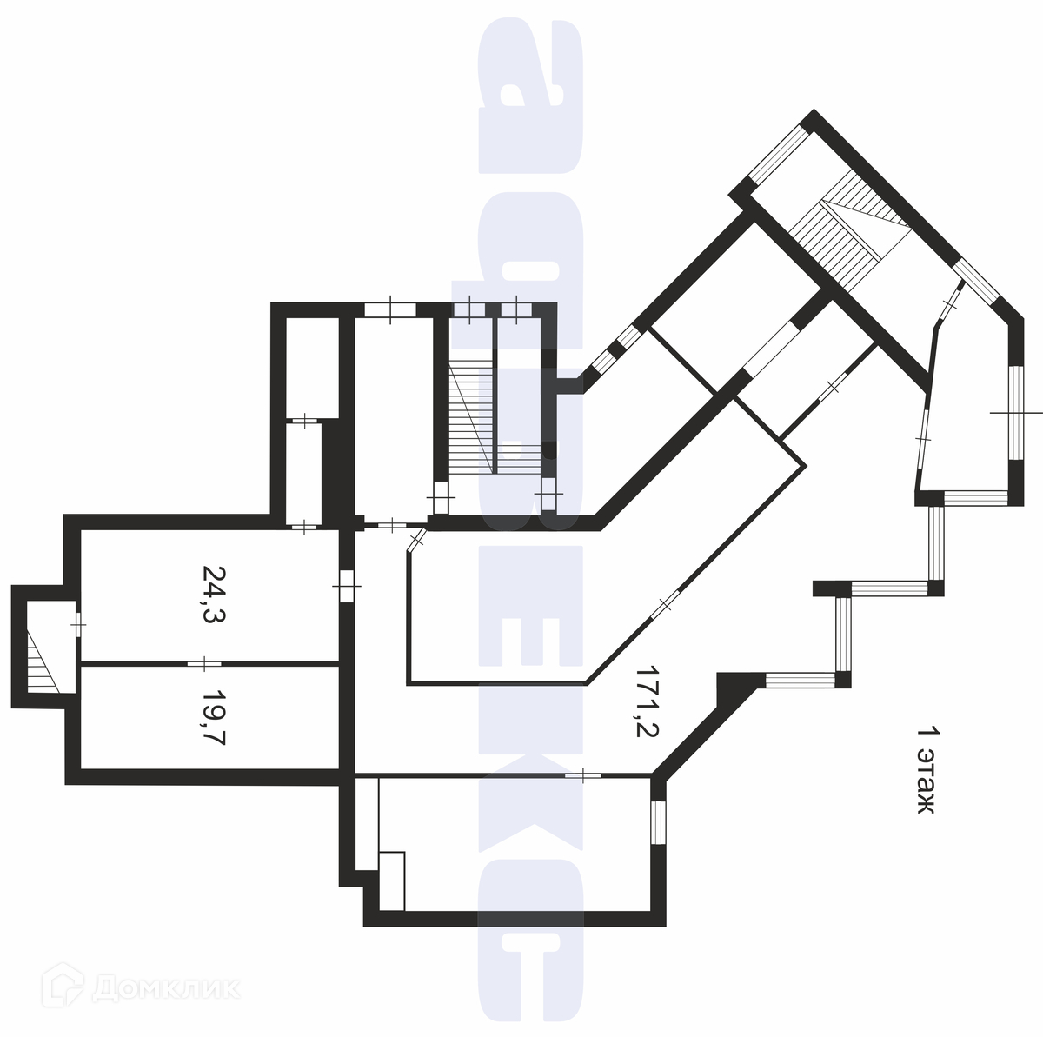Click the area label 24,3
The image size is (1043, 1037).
pyautogui.click(x=213, y=596)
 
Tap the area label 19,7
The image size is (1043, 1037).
pyautogui.click(x=213, y=717)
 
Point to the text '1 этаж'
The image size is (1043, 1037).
pyautogui.click(x=927, y=770)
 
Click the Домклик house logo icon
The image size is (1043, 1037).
pyautogui.click(x=70, y=987)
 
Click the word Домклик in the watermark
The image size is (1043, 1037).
pyautogui.click(x=165, y=988)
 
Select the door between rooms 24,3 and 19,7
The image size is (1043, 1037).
pyautogui.click(x=204, y=664)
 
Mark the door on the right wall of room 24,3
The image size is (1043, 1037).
pyautogui.click(x=346, y=585)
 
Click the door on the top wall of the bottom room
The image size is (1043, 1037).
pyautogui.click(x=583, y=774)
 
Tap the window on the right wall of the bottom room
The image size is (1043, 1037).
pyautogui.click(x=658, y=821)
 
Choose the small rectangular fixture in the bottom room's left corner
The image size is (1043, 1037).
pyautogui.click(x=393, y=880)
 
